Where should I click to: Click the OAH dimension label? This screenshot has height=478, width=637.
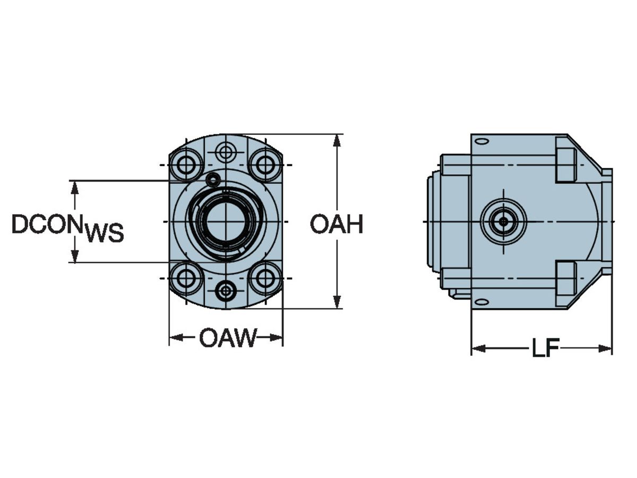point(337,224)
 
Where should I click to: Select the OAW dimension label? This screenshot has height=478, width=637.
point(228,338)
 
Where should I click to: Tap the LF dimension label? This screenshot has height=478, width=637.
point(545,348)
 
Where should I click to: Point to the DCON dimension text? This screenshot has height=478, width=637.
point(47,224)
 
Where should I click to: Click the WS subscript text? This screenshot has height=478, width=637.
point(104,233)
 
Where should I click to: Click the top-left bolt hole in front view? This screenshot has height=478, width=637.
point(186,165)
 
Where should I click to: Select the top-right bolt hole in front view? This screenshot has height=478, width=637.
point(265,165)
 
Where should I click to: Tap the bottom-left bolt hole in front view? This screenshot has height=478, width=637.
point(186,278)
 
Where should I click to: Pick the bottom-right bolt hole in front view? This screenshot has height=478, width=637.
point(265,278)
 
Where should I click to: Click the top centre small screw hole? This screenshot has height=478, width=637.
point(226,152)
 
